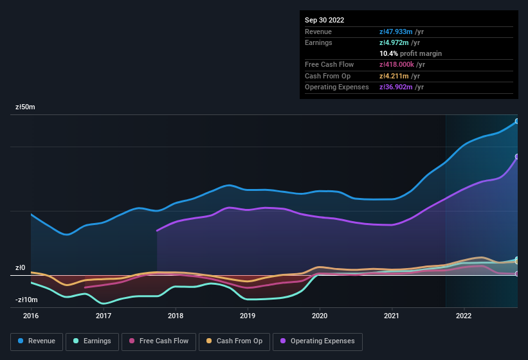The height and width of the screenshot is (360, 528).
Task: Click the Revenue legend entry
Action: (37, 341)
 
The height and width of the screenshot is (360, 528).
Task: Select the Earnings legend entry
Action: (92, 341)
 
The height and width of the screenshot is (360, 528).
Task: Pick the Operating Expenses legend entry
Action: (318, 341)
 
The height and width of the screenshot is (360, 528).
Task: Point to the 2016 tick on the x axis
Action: (31, 316)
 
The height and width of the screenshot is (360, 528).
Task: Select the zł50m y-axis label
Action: (25, 107)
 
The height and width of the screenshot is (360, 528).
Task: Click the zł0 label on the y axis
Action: (21, 268)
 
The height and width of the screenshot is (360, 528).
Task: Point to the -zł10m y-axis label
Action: (26, 300)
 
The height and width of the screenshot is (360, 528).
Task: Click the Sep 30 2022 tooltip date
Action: (325, 20)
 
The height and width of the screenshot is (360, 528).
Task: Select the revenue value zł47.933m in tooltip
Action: (401, 32)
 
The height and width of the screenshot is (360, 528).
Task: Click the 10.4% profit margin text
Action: (411, 53)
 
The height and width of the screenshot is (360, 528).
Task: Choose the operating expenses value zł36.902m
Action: (401, 87)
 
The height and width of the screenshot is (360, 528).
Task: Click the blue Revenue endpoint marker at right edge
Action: (516, 121)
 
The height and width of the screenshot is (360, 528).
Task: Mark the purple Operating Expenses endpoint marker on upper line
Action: (516, 157)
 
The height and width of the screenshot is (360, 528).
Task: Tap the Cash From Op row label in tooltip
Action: (328, 76)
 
